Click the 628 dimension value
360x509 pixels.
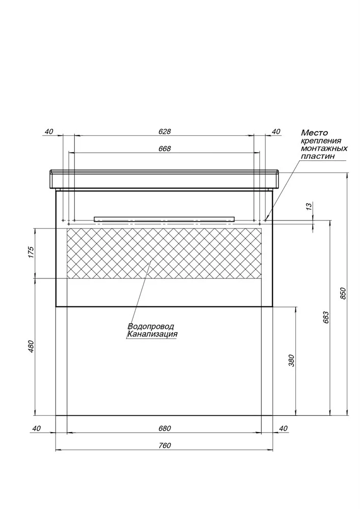(x=164, y=131)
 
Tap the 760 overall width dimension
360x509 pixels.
(x=164, y=445)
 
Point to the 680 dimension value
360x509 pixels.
(x=164, y=428)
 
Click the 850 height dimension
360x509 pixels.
(x=344, y=294)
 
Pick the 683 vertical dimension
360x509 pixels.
(x=326, y=318)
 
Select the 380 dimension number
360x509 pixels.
(x=291, y=361)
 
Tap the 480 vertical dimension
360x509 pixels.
(x=31, y=347)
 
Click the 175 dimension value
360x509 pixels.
(x=31, y=252)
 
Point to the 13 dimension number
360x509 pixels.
(x=309, y=206)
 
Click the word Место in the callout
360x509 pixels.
(x=315, y=132)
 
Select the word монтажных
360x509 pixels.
(x=324, y=148)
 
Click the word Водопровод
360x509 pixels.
(x=151, y=326)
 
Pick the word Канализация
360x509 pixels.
(x=153, y=334)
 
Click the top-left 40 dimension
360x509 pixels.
(x=48, y=131)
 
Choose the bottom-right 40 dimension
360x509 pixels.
(x=283, y=429)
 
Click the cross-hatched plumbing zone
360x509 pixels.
(x=164, y=253)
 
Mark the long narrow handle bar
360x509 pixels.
(x=164, y=219)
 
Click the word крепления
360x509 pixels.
(x=321, y=140)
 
